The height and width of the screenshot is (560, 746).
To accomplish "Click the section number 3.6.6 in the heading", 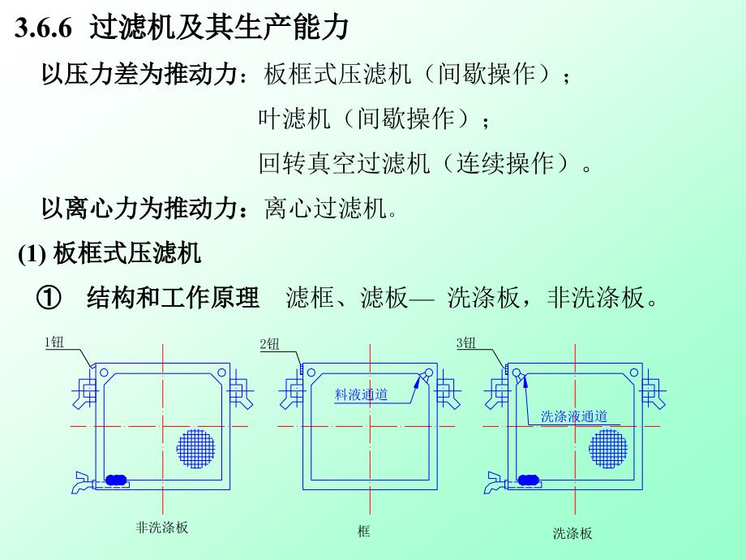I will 42,29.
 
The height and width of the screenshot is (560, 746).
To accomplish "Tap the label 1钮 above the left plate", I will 54,342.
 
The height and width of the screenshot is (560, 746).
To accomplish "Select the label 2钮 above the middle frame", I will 269,344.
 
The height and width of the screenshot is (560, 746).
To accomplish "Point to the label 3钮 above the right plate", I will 466,343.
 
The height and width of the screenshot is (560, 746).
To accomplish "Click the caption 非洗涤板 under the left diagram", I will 161,528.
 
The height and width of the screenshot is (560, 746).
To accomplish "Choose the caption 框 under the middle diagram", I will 363,532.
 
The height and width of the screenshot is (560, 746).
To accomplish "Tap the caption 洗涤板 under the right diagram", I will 572,533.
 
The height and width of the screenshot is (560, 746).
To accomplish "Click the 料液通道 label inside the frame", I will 361,395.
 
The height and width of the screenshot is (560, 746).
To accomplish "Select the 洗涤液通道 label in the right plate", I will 575,416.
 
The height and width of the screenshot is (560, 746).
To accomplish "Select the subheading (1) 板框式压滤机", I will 109,255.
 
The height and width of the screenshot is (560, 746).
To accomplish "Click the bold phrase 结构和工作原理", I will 173,299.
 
